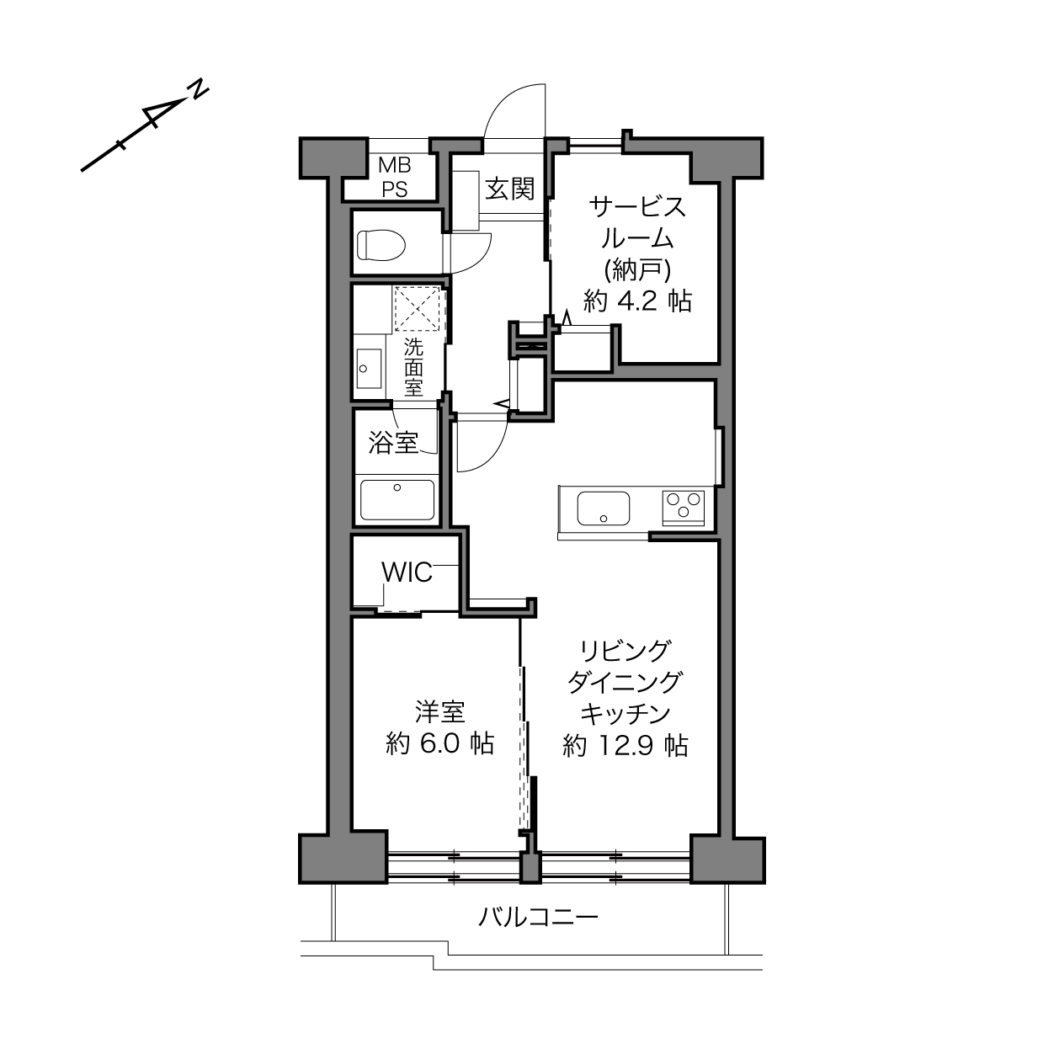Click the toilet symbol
coord(381,244)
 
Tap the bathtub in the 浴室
coord(397,499)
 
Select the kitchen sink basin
coord(604,508)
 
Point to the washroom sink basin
coord(369,369)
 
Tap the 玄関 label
coord(509,189)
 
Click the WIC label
coord(407,572)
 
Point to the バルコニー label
coord(538,917)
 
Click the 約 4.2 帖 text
coord(637,301)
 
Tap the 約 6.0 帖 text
coord(439,743)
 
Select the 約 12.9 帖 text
coord(625,745)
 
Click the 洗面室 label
coord(413,367)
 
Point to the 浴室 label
coord(393,442)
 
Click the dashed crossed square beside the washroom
coord(418,308)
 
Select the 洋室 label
coord(439,711)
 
